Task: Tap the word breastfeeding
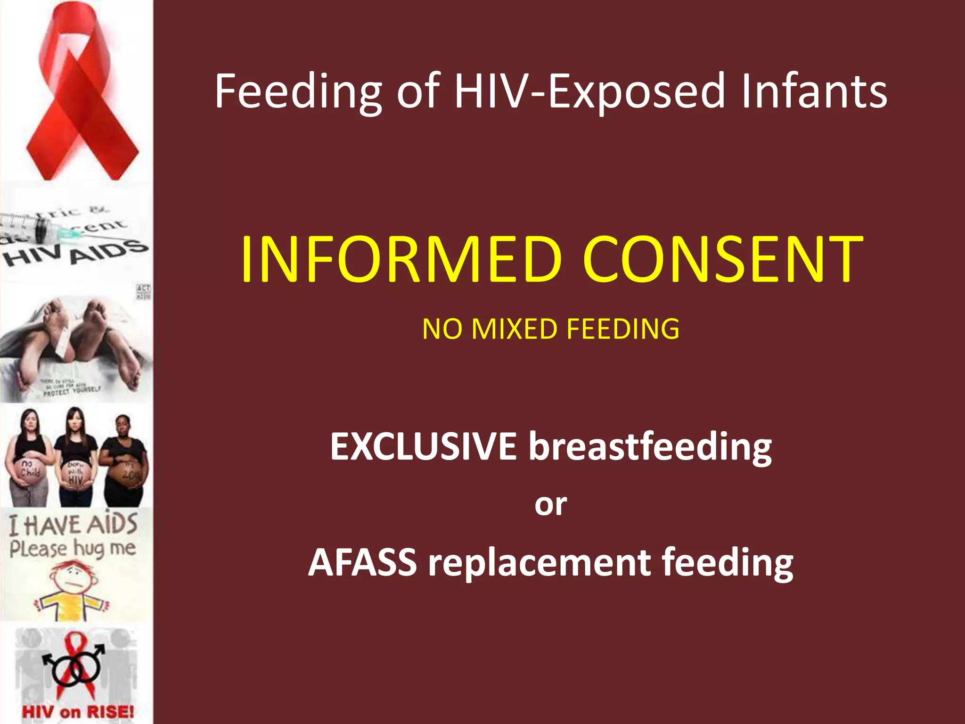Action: click(650, 447)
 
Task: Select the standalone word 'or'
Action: click(550, 504)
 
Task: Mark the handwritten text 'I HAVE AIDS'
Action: click(73, 524)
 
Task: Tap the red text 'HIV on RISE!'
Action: click(78, 711)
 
